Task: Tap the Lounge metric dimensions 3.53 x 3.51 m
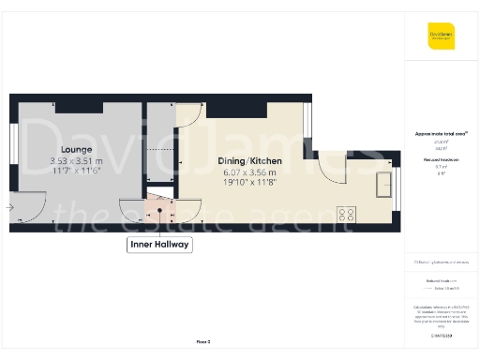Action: click(x=76, y=161)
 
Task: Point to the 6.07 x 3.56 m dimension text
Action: click(x=249, y=172)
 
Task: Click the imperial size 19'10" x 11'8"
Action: click(x=249, y=183)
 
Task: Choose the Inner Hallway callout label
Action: click(x=159, y=245)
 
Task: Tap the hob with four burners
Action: click(x=348, y=214)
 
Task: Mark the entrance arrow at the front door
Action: click(x=8, y=207)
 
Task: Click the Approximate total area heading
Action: click(x=441, y=134)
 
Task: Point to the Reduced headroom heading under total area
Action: click(x=441, y=161)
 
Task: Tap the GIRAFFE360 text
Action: click(x=442, y=334)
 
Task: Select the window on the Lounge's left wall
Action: click(x=12, y=142)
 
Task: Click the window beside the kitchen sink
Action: click(x=397, y=187)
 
